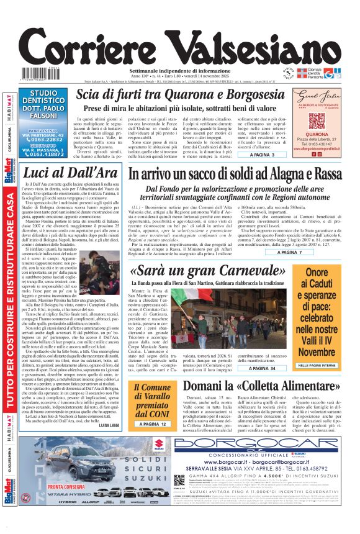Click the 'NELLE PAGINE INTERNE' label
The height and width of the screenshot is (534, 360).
pos(325,366)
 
